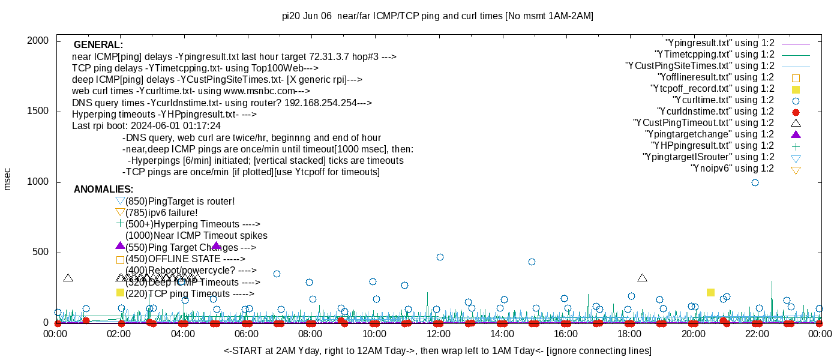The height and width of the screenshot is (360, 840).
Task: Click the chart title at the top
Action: click(x=437, y=16)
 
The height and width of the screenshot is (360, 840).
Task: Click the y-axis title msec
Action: click(x=7, y=179)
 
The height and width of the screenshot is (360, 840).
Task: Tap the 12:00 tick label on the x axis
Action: click(x=438, y=334)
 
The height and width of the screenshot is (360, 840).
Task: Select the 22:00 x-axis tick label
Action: click(x=757, y=334)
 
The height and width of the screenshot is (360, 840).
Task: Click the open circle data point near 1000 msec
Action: click(x=755, y=182)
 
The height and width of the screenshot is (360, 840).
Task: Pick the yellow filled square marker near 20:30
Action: click(x=710, y=292)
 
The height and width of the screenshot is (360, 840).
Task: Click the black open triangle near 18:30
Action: click(x=642, y=278)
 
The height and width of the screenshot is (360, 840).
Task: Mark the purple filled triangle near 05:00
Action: click(x=217, y=245)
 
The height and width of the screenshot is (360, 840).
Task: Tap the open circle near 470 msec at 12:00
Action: click(x=440, y=257)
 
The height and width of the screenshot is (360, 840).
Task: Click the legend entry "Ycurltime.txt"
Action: click(x=724, y=100)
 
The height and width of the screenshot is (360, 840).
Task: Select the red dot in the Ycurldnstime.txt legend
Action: click(x=796, y=112)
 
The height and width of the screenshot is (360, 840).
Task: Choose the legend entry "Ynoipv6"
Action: click(x=733, y=169)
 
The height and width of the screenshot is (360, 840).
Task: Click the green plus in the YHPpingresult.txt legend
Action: click(x=796, y=146)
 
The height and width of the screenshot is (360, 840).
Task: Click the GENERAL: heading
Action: click(x=98, y=45)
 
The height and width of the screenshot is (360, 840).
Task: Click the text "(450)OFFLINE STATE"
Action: click(x=185, y=259)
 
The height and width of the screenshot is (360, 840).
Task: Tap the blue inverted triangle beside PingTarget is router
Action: click(x=120, y=201)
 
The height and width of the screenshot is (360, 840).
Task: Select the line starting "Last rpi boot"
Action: click(x=146, y=126)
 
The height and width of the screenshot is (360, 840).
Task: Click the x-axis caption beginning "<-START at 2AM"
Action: click(x=437, y=350)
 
